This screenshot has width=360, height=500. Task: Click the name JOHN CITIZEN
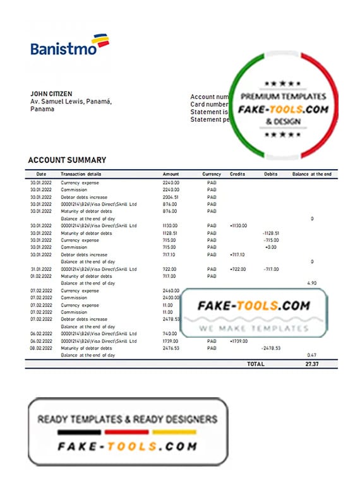pos(51,94)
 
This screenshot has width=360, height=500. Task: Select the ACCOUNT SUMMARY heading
pos(67,160)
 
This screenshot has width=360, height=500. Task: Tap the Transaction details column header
pos(81,174)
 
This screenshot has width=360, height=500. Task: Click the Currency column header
pos(212,174)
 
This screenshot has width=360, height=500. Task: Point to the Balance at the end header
pos(311,174)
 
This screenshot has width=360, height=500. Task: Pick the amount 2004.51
pos(171,196)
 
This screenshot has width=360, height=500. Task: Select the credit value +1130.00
pos(238,225)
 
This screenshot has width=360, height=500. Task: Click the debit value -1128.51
pos(270,233)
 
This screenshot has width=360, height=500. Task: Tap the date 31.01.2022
pos(41,269)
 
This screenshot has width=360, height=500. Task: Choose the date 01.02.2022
pos(41,276)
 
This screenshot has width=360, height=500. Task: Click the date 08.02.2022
pos(41,348)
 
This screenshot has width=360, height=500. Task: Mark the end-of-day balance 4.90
pos(311,283)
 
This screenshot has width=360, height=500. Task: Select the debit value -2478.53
pos(270,348)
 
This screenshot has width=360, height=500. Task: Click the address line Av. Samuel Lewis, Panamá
pos(71,102)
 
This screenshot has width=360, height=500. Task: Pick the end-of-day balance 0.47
pos(311,356)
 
